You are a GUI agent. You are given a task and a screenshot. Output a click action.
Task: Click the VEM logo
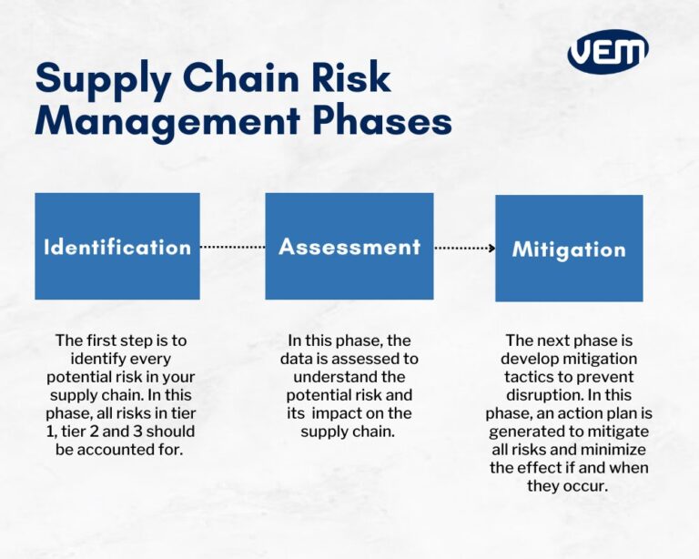coord(607,52)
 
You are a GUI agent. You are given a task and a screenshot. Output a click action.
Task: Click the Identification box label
coord(117,247)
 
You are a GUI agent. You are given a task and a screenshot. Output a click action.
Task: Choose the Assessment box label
coord(349,247)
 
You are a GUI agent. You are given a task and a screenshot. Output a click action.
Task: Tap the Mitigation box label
coord(569,249)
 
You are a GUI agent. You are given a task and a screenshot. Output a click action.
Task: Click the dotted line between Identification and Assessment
coord(232,247)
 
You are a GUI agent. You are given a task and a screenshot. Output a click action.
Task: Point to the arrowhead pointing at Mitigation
coord(491,248)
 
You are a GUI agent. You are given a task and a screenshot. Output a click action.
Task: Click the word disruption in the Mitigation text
coord(536,395)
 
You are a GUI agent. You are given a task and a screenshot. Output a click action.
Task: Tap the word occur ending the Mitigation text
coord(587,485)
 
